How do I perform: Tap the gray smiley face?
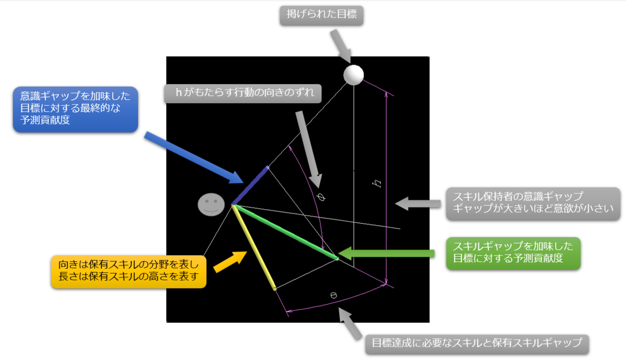[211, 204]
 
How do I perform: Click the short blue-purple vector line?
[250, 185]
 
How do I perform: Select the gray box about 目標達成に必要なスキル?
[476, 343]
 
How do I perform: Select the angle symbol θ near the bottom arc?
[334, 295]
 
